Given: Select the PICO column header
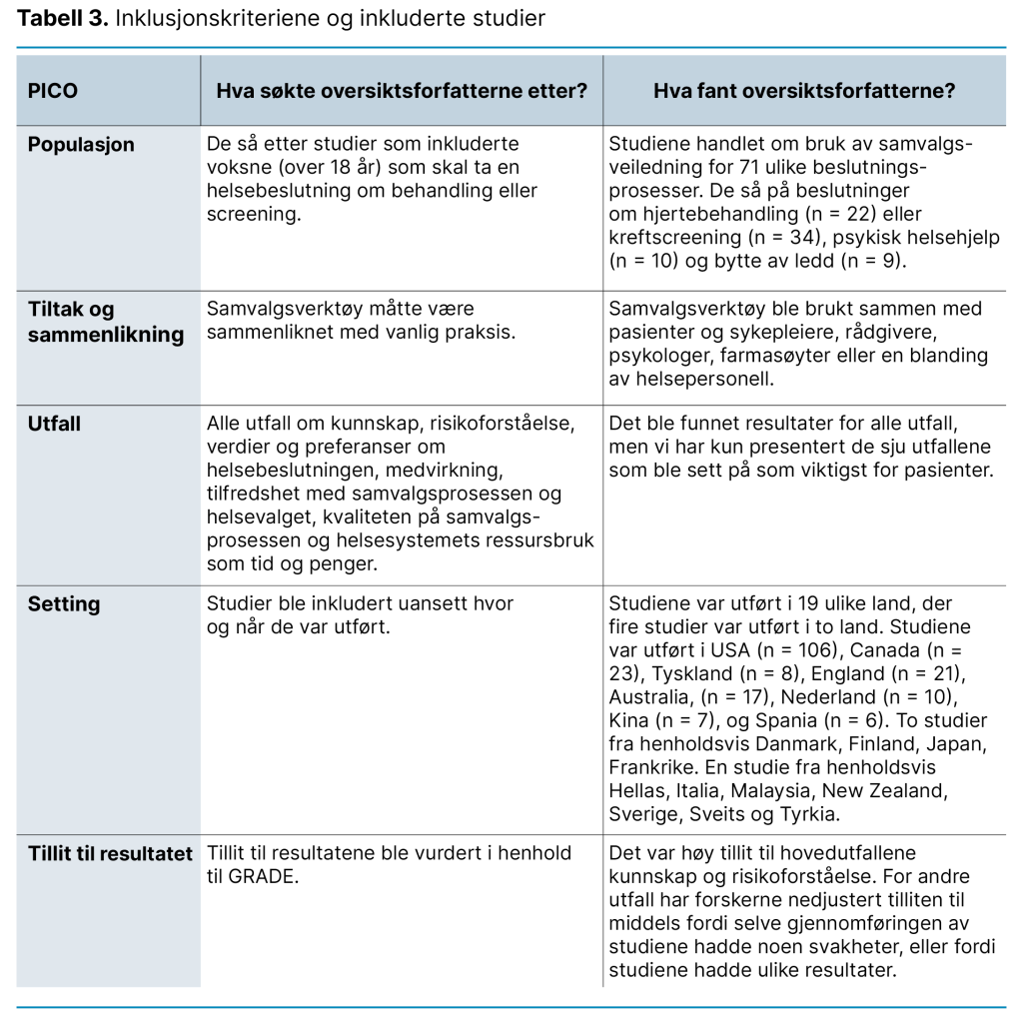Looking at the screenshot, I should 53,90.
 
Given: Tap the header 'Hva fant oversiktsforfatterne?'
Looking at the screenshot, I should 804,90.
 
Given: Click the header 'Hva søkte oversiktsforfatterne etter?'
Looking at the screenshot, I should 402,90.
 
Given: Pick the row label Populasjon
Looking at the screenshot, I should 81,145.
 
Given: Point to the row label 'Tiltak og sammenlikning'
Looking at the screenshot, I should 105,323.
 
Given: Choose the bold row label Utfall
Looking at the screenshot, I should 54,425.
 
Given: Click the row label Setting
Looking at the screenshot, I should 64,604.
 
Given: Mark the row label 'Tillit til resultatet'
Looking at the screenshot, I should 110,854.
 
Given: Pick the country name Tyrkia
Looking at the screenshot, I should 806,813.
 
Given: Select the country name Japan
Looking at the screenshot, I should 957,744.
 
